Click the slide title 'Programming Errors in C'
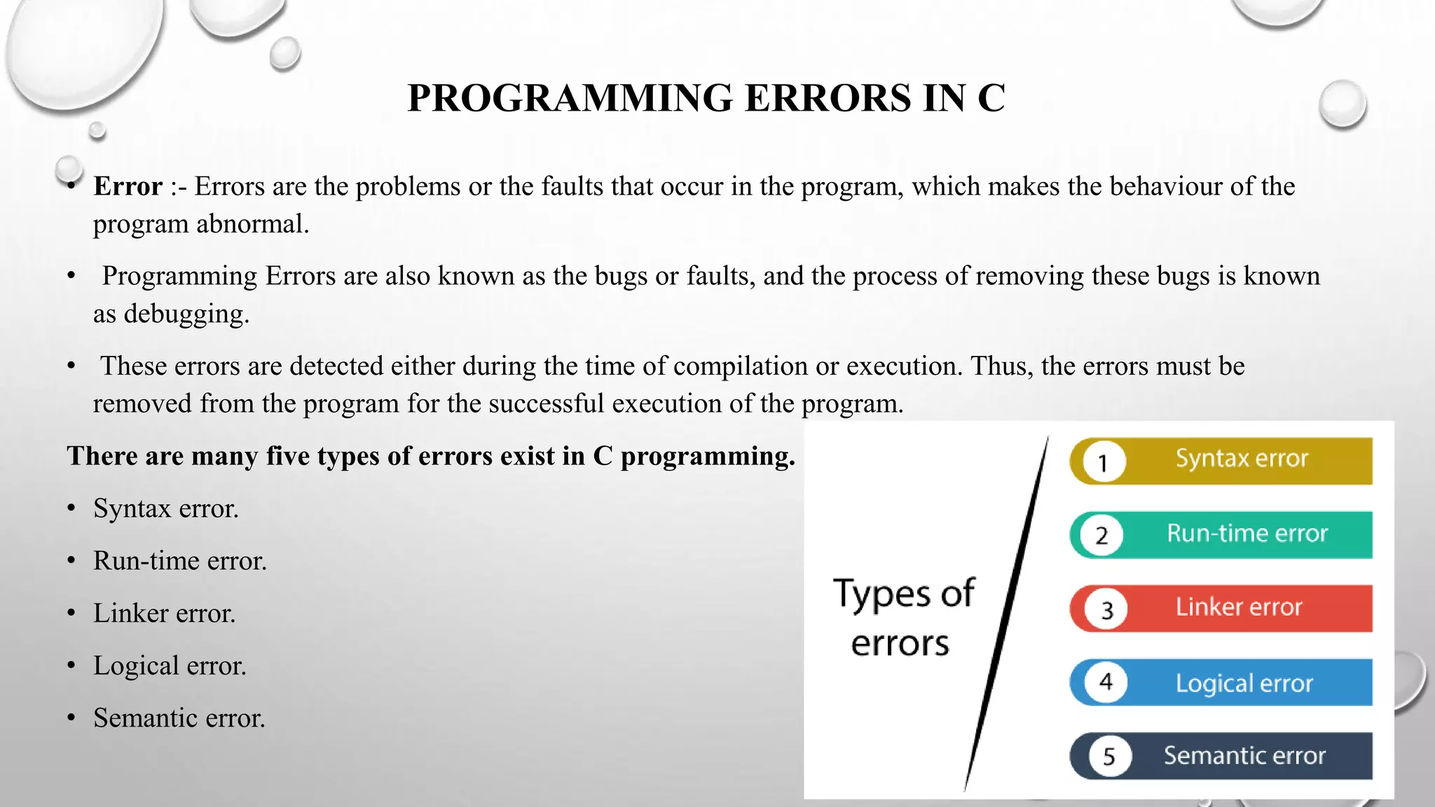(706, 97)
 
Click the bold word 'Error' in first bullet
(128, 186)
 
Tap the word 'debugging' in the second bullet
(186, 314)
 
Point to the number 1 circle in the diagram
(1104, 462)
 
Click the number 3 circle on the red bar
(1106, 609)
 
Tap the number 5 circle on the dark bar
(1109, 757)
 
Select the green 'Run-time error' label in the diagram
(1247, 534)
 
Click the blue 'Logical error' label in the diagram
(1244, 683)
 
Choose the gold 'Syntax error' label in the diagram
(1241, 459)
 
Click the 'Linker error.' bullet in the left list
(164, 614)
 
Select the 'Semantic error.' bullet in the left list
(179, 718)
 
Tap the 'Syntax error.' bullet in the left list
(166, 509)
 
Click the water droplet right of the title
(1342, 104)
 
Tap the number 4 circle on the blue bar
(1106, 682)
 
